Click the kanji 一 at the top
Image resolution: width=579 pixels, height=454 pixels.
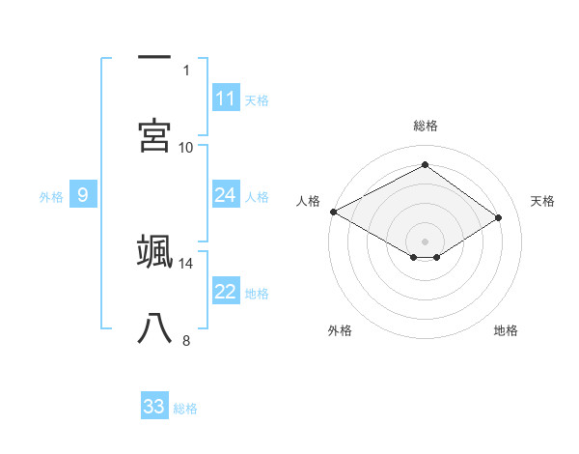154,57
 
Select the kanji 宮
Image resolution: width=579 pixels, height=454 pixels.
154,135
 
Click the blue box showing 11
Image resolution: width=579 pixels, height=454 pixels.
226,99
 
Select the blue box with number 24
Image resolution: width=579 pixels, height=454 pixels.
226,195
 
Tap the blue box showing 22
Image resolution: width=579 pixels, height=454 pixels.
226,292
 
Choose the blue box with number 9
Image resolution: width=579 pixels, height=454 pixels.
83,195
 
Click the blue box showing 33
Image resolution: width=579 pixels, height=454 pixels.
154,407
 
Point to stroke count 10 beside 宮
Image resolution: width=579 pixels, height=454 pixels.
186,147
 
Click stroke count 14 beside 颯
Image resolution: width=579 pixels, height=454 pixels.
186,263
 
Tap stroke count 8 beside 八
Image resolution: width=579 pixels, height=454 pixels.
186,340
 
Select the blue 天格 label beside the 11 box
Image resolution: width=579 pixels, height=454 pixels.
257,99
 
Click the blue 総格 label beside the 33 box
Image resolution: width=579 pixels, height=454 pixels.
185,408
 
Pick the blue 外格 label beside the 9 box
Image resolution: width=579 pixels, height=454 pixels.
51,196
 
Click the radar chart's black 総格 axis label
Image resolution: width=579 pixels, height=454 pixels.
425,126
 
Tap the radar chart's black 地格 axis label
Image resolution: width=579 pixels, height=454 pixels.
506,330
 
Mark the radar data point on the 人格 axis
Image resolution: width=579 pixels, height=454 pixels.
333,212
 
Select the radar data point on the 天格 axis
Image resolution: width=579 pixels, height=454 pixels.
499,218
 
